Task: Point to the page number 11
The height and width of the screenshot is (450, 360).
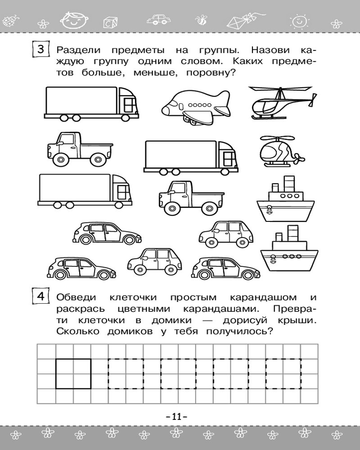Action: point(180,417)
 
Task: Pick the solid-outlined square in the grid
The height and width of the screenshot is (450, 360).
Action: point(73,373)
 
